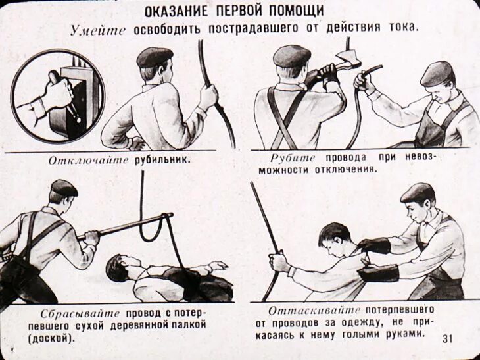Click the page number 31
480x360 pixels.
[x=447, y=338]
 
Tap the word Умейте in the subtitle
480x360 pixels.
[x=98, y=30]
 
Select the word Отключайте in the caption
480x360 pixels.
[x=88, y=161]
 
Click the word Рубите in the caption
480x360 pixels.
[x=293, y=158]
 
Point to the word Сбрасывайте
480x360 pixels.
[x=80, y=313]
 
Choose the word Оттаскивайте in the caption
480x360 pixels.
[x=314, y=311]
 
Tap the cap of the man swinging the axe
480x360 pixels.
[x=292, y=56]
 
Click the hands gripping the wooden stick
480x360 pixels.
[x=91, y=238]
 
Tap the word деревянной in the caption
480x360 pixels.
[x=139, y=325]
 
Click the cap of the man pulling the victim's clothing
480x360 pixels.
[x=418, y=193]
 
